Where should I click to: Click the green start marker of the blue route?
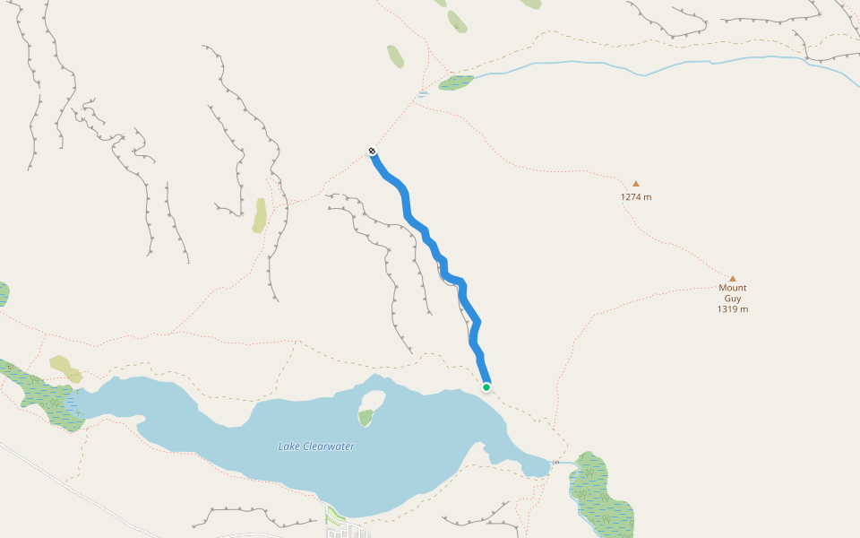point(486,387)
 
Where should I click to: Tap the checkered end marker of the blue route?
point(372,151)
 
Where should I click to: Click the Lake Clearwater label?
point(315,447)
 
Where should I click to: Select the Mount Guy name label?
point(732,293)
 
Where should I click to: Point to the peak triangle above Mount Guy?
point(732,279)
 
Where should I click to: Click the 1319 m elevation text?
point(732,309)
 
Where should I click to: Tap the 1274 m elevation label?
point(636,197)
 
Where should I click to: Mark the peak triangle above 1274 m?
point(636,184)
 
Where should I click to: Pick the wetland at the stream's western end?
point(456,82)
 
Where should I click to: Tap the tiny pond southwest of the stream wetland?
point(423,93)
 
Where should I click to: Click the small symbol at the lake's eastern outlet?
point(555,462)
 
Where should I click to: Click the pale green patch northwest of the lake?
point(64,368)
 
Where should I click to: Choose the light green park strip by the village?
point(335,515)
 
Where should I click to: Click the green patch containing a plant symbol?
point(365,417)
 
